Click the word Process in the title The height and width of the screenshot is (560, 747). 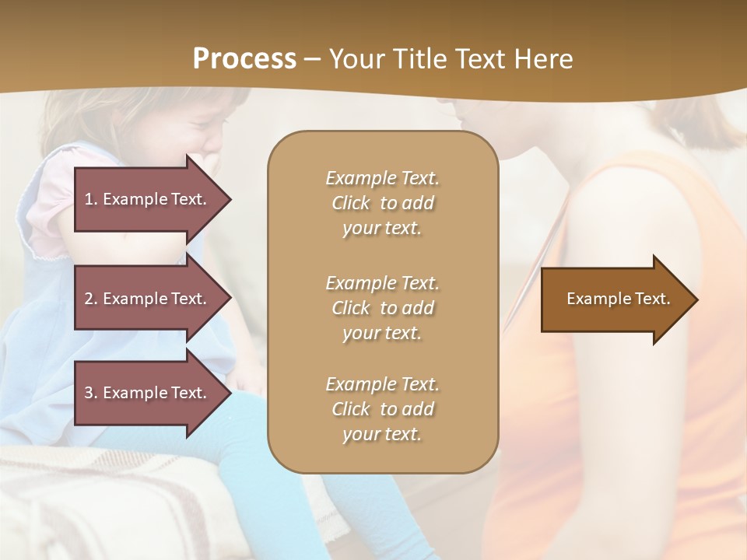(x=244, y=59)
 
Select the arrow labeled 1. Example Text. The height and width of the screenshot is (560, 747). (x=148, y=199)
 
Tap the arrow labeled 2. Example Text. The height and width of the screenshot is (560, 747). (x=148, y=299)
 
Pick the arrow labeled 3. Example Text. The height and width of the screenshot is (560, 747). (x=148, y=393)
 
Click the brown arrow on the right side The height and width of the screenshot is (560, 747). (x=615, y=299)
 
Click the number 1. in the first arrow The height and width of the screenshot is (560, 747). (x=91, y=199)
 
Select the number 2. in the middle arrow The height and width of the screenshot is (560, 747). (x=91, y=299)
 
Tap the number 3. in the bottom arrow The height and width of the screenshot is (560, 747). (x=91, y=393)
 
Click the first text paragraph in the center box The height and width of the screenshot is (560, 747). (x=382, y=203)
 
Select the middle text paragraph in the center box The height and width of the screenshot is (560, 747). (x=382, y=308)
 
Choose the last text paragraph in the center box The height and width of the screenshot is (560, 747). (x=382, y=409)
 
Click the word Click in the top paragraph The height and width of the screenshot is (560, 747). (x=351, y=203)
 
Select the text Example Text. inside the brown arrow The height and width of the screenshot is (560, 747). (x=618, y=299)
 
